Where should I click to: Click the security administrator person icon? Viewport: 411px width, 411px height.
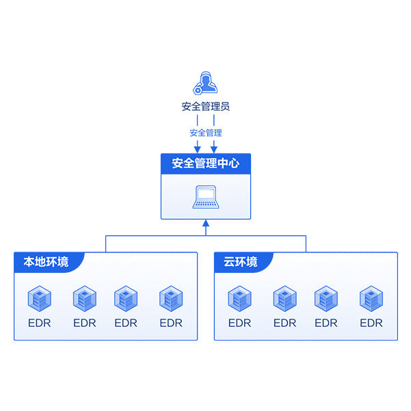tap(205, 83)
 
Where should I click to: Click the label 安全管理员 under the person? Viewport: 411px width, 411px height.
tap(205, 107)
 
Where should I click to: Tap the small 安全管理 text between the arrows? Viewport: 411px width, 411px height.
tap(205, 133)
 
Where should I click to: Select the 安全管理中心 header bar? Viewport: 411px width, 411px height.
tap(206, 164)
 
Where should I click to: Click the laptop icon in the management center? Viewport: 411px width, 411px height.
tap(206, 196)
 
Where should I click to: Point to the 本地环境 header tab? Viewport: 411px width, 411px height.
tap(47, 262)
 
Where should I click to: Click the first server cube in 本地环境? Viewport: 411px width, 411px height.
tap(39, 298)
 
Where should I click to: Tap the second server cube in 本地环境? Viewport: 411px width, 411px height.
tap(84, 298)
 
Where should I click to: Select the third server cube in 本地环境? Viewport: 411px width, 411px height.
tap(126, 298)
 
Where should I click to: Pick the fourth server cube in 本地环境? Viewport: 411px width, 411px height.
tap(171, 298)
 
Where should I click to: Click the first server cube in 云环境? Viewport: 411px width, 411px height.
tap(239, 298)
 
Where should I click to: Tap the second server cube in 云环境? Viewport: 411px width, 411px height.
tap(284, 298)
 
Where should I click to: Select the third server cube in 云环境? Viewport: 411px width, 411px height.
tap(326, 298)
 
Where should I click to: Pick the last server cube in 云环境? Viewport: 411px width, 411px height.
tap(371, 298)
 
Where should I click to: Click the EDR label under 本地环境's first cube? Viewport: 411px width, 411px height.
tap(39, 323)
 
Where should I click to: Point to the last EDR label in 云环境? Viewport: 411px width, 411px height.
tap(371, 323)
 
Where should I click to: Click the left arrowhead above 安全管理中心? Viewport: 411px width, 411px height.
tap(197, 148)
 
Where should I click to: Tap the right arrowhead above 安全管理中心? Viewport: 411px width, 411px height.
tap(214, 148)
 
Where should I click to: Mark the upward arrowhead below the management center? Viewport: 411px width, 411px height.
tap(206, 224)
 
